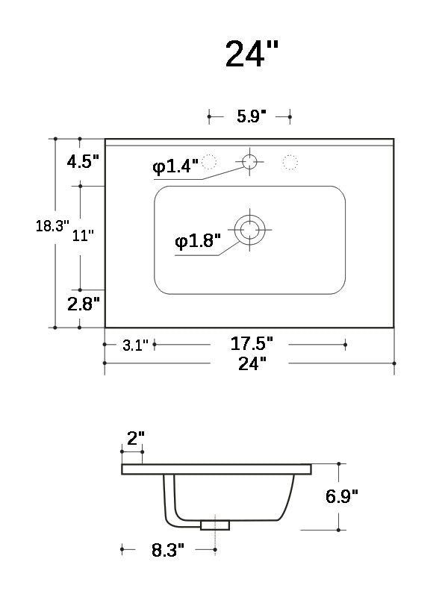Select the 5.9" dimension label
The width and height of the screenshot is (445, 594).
(x=249, y=116)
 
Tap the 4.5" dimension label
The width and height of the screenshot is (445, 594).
(x=83, y=162)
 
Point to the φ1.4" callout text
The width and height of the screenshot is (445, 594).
(x=175, y=167)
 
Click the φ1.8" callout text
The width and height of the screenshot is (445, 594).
(x=198, y=241)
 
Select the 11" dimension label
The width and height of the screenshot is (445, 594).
(x=83, y=236)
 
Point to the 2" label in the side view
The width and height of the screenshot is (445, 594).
(x=135, y=439)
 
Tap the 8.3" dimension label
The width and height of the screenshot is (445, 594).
(x=169, y=551)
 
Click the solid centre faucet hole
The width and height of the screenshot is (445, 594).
(x=249, y=160)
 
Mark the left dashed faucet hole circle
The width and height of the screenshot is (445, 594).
(x=210, y=160)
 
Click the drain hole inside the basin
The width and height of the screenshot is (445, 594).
(x=249, y=229)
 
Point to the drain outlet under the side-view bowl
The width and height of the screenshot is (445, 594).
(x=214, y=525)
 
